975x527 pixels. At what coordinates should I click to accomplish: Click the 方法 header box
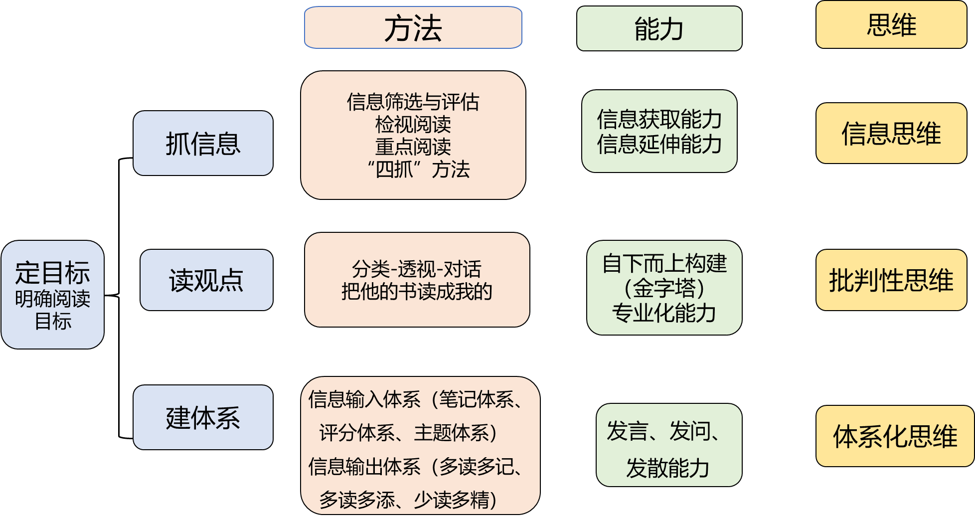[413, 28]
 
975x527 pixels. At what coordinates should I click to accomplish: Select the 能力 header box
[659, 28]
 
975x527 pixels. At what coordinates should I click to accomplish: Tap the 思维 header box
[891, 25]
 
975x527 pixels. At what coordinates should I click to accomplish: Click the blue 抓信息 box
[203, 144]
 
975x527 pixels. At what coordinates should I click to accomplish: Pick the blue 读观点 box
[206, 280]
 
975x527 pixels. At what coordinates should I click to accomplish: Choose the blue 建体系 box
[203, 417]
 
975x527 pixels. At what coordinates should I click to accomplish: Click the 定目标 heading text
[52, 273]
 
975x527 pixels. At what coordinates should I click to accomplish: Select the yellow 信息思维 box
[891, 133]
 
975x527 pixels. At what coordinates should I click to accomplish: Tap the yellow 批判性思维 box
[891, 280]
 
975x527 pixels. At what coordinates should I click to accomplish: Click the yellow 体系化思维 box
[895, 436]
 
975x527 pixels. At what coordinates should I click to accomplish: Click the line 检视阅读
[413, 124]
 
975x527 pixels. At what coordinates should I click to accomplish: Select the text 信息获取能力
[659, 119]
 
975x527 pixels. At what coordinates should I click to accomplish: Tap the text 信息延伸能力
[659, 144]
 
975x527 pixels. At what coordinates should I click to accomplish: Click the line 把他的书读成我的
[417, 291]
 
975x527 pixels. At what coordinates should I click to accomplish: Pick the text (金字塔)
[664, 288]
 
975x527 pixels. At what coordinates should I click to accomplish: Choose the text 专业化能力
[664, 313]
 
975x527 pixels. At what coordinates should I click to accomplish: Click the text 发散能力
[668, 468]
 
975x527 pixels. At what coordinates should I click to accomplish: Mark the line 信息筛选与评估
[413, 102]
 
